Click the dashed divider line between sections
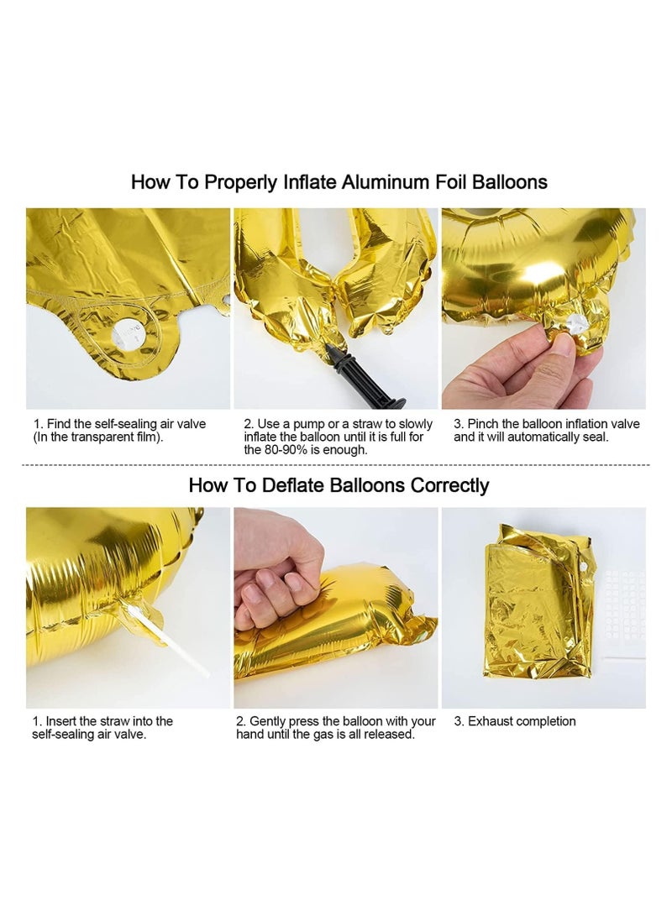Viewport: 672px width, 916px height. coord(336,464)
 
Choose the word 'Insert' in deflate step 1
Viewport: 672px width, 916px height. coord(63,721)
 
